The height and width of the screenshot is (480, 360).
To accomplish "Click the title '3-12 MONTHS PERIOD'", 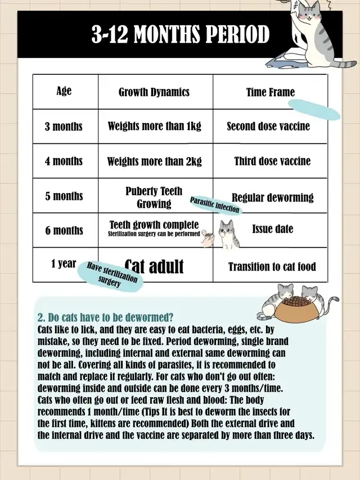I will coord(181,35).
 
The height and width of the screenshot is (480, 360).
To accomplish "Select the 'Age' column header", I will coord(64,91).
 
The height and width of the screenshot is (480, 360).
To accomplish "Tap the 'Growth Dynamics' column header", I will coord(154,92).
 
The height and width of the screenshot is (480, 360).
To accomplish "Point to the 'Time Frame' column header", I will coord(270,92).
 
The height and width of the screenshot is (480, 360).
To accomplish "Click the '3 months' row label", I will coord(64,126).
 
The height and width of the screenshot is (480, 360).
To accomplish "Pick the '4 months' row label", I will coord(64,161).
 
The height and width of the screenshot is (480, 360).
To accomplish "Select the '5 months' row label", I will coord(64,196).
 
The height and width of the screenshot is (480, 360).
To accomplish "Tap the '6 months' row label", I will coord(64,230).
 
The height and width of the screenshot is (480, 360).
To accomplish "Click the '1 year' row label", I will coord(64,263).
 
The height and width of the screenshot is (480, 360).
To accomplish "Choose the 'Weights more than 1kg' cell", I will coord(155,126).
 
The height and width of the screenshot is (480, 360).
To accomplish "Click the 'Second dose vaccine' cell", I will coord(268,126).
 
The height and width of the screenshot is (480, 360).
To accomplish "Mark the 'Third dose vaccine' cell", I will coord(272,161).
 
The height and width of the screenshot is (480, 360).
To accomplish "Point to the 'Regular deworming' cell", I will coord(272,198).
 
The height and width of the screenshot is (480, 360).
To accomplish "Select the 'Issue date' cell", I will coord(273,229).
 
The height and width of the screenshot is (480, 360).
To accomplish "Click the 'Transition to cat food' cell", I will coord(272,267).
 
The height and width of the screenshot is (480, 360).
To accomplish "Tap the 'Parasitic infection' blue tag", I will coord(215,205).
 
